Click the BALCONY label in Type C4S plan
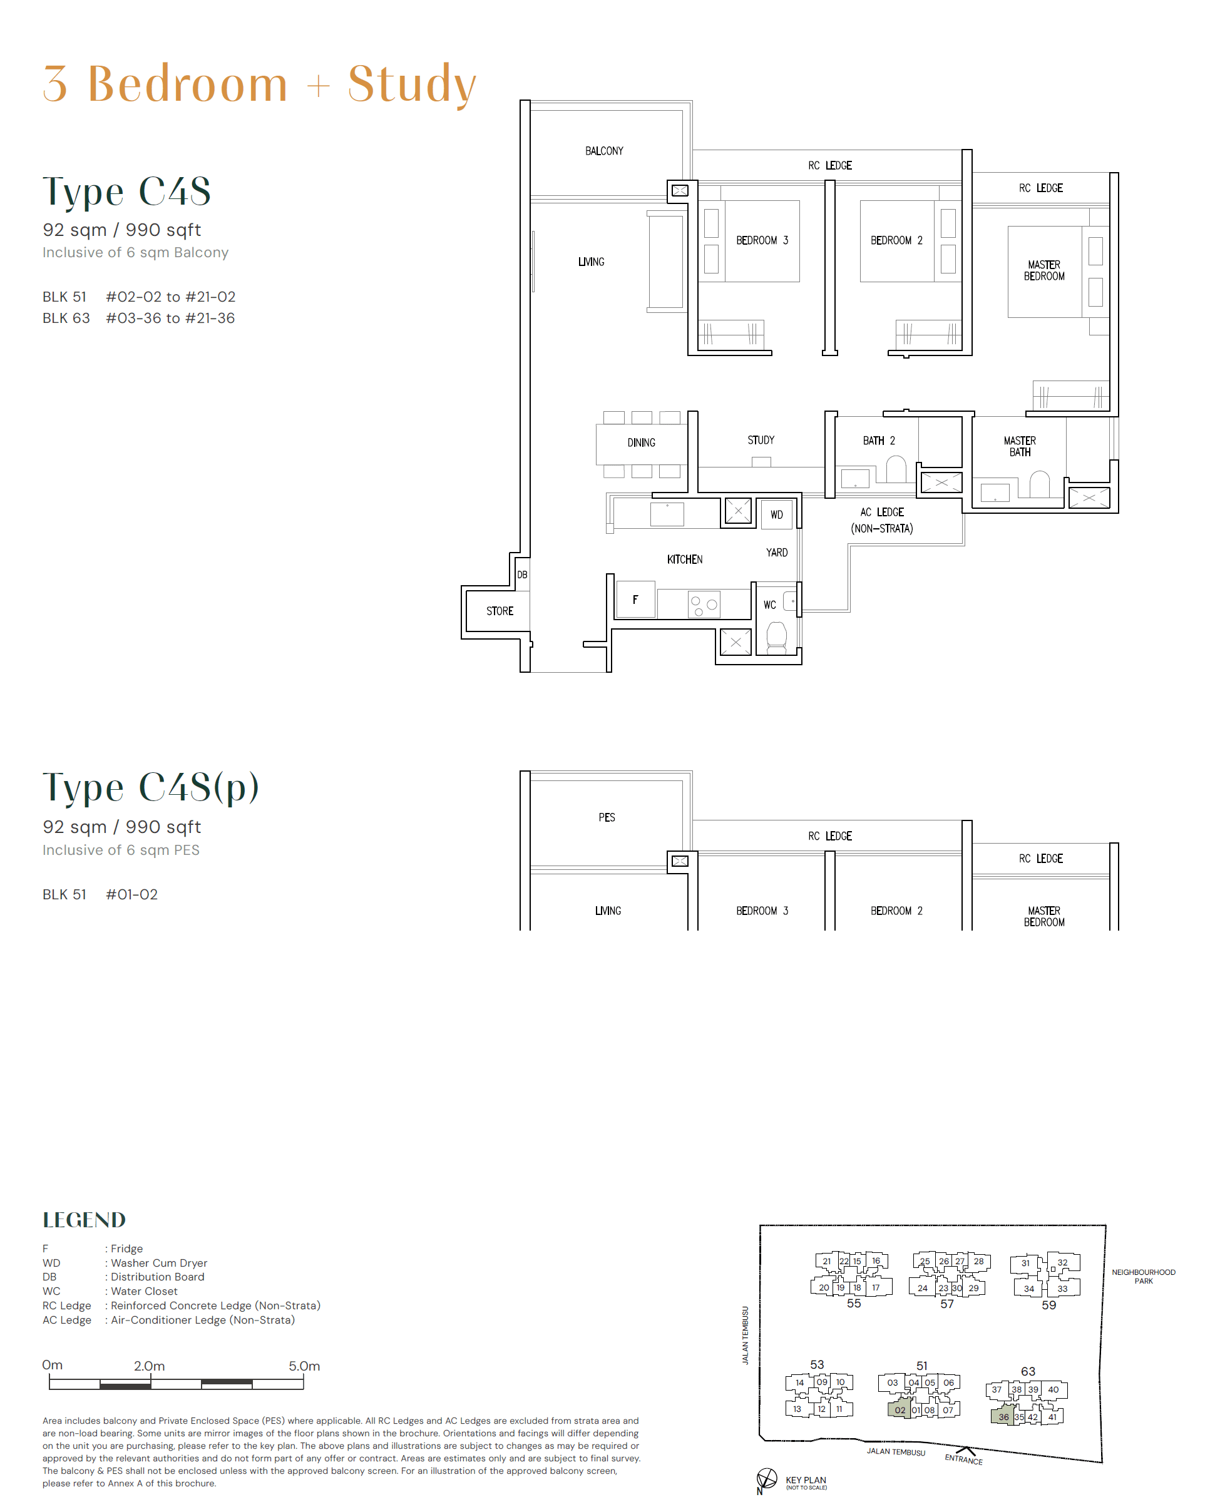(x=603, y=151)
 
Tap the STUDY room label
(x=761, y=440)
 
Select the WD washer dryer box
(x=777, y=514)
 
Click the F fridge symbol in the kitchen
(x=635, y=600)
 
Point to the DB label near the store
(x=522, y=575)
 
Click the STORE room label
(x=500, y=611)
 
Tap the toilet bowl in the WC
(x=777, y=637)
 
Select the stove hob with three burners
(x=704, y=604)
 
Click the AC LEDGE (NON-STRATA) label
(x=882, y=521)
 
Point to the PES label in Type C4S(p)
(x=607, y=817)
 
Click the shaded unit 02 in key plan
(x=900, y=1409)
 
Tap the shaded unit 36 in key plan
(x=1003, y=1416)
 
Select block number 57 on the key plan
(x=946, y=1304)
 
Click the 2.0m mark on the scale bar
(x=150, y=1366)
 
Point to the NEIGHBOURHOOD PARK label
(x=1143, y=1277)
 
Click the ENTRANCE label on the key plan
(x=963, y=1459)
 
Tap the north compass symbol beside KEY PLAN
(x=766, y=1478)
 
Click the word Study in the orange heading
(x=412, y=84)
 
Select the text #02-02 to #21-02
(x=171, y=297)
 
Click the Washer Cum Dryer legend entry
(x=159, y=1263)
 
